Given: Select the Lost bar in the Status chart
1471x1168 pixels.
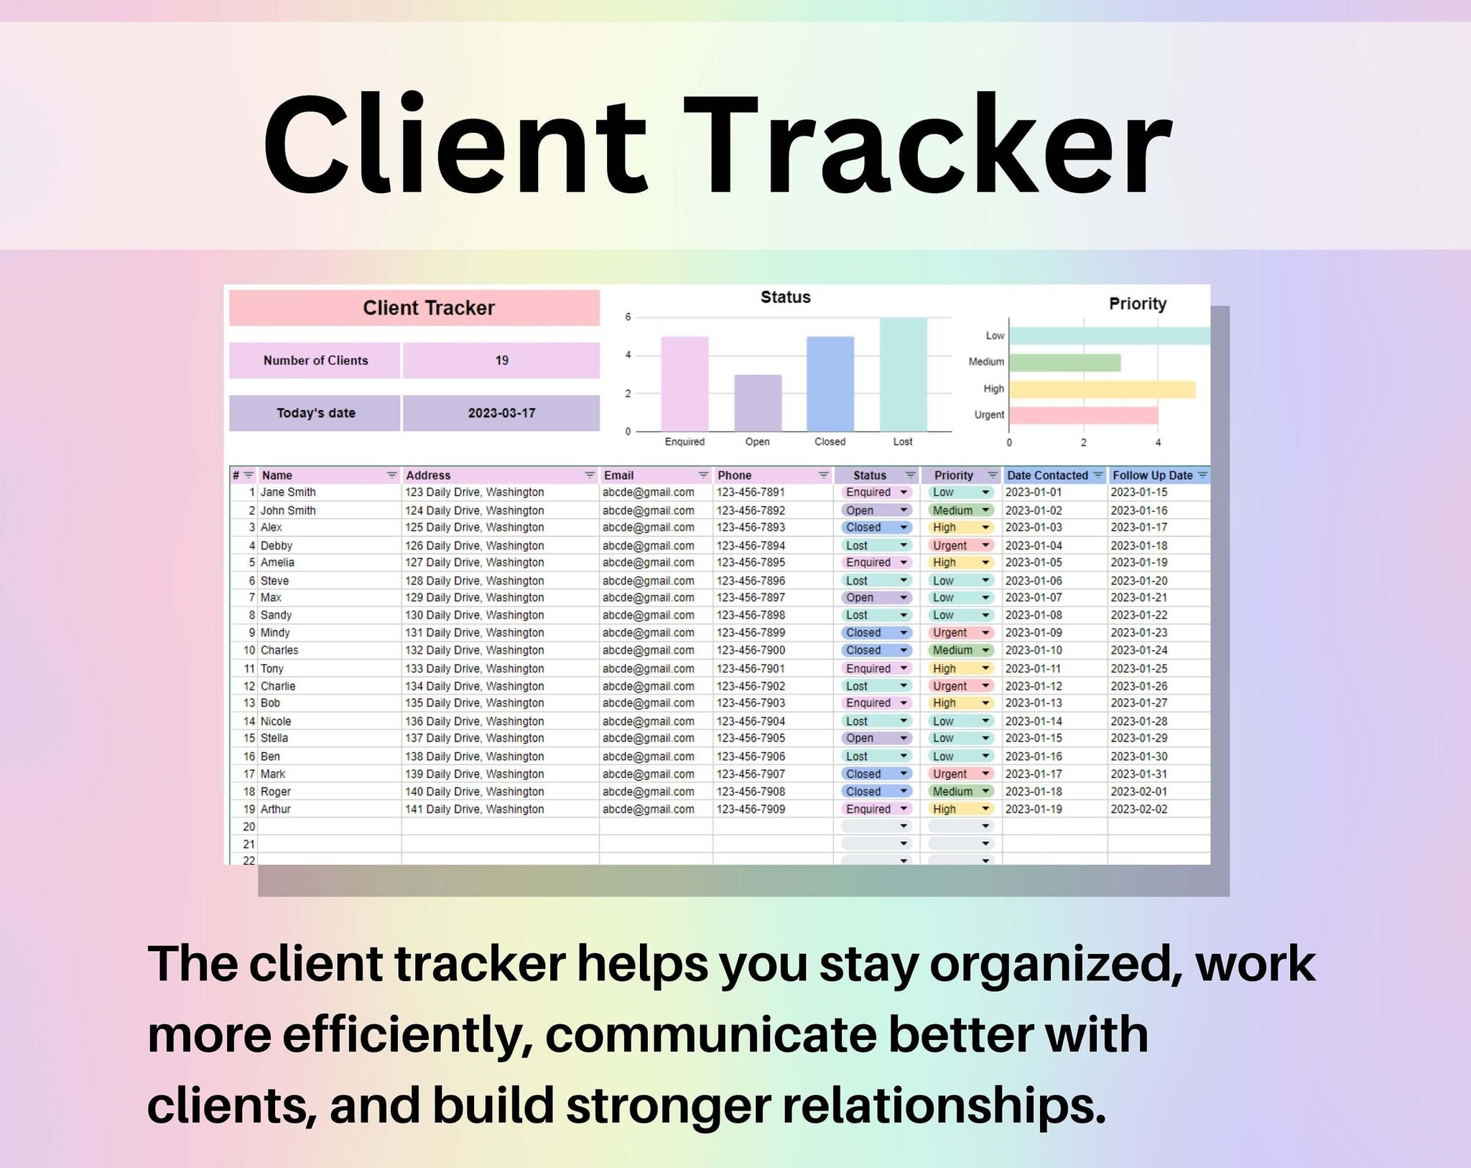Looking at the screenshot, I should coord(903,374).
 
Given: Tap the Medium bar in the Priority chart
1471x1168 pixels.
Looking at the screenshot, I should coord(1064,362).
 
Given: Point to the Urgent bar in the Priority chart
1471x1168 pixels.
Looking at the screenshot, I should coord(1083,415).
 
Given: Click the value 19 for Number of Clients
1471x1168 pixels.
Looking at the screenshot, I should coord(501,361).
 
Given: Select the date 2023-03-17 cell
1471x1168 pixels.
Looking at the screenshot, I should coord(501,413).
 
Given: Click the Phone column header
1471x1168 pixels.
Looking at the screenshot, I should coord(735,476).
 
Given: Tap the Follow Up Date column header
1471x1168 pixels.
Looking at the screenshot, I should coord(1152,476).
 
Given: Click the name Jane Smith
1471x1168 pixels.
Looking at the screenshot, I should coord(288,493).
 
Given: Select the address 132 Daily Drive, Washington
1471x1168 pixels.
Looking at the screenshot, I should coord(474,650).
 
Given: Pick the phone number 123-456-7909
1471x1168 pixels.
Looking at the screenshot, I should coord(751,809).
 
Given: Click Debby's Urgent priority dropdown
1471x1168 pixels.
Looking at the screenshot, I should coord(961,546).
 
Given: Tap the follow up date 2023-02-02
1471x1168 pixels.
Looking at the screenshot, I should coord(1138,809).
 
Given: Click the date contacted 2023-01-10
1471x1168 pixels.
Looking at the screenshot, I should coord(1033,650).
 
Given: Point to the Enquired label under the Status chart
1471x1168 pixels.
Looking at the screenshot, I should coord(685,442).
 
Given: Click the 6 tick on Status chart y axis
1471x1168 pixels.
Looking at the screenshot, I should coord(628,317).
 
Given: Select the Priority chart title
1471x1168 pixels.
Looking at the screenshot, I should coord(1137,304).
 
